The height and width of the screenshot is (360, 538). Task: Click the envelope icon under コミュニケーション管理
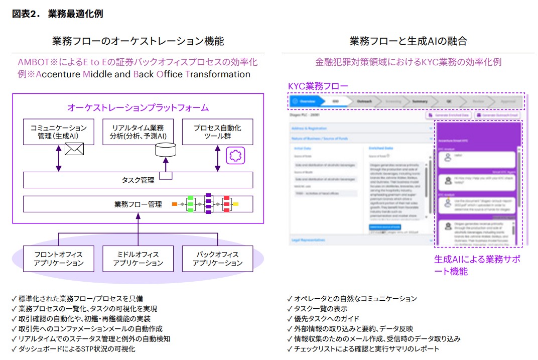[74, 149]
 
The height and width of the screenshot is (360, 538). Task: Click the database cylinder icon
[166, 149]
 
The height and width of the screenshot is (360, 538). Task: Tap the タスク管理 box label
[138, 180]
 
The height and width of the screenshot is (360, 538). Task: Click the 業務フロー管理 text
[138, 204]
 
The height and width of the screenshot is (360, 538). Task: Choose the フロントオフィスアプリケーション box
[58, 259]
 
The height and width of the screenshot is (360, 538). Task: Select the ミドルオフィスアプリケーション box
[138, 259]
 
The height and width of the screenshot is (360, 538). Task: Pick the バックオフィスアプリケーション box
[217, 259]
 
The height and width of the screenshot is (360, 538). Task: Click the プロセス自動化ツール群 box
[217, 132]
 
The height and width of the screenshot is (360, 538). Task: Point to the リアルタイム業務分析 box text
[138, 132]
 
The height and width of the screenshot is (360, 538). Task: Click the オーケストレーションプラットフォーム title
[138, 108]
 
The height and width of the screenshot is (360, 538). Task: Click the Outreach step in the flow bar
[364, 101]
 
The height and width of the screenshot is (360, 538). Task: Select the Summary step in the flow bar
[420, 101]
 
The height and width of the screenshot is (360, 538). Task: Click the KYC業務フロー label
[318, 86]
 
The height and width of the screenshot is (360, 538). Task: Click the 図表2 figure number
[26, 14]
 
